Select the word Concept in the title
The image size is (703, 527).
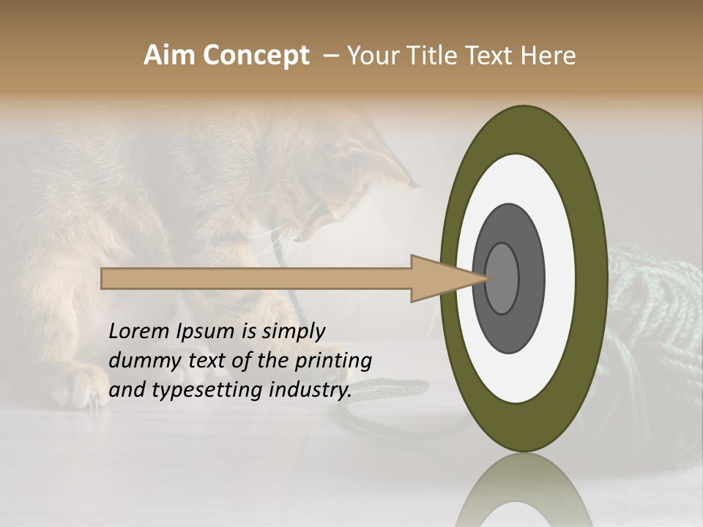pyautogui.click(x=256, y=56)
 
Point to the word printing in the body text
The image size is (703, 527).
pyautogui.click(x=334, y=362)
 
